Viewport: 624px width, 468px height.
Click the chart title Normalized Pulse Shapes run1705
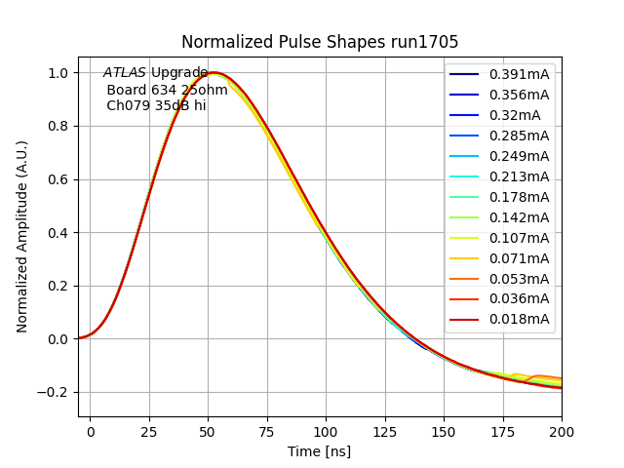320,42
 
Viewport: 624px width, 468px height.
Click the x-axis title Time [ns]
319,451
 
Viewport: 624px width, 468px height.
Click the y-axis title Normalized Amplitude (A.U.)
22,236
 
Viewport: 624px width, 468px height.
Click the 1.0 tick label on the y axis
58,73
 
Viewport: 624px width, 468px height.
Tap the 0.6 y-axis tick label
58,179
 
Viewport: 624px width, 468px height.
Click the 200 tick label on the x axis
562,430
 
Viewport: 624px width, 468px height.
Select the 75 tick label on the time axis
267,430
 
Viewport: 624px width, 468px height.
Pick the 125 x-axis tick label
385,430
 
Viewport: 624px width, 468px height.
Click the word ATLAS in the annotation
125,73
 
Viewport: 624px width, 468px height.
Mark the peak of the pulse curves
214,73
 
